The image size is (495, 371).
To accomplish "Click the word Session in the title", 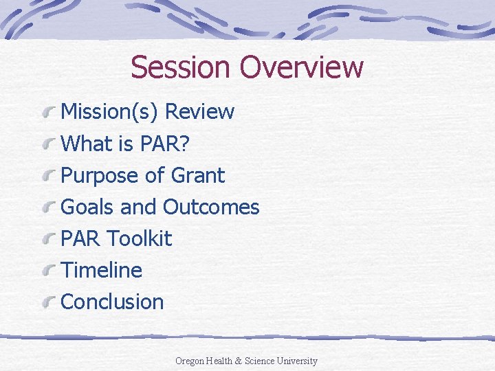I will click(181, 67).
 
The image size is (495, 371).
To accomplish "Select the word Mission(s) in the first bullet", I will click(110, 112).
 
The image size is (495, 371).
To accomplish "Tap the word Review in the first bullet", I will click(200, 112).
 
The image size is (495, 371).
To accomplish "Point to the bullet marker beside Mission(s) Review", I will click(49, 112).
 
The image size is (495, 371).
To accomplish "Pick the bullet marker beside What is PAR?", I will click(49, 144).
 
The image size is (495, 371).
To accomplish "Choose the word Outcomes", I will click(211, 207).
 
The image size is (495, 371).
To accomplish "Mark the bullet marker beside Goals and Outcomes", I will click(49, 207).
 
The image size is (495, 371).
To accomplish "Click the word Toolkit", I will click(140, 239).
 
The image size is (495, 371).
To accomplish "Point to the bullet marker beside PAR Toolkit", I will click(49, 239).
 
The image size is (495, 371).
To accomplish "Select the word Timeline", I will click(102, 271).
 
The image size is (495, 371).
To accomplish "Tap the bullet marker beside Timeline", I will click(49, 271).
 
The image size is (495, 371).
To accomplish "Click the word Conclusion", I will click(113, 302).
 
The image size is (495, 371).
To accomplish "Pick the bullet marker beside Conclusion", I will click(49, 302).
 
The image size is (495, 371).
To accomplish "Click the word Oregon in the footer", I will click(190, 361).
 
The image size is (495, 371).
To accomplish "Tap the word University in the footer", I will click(296, 361).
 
